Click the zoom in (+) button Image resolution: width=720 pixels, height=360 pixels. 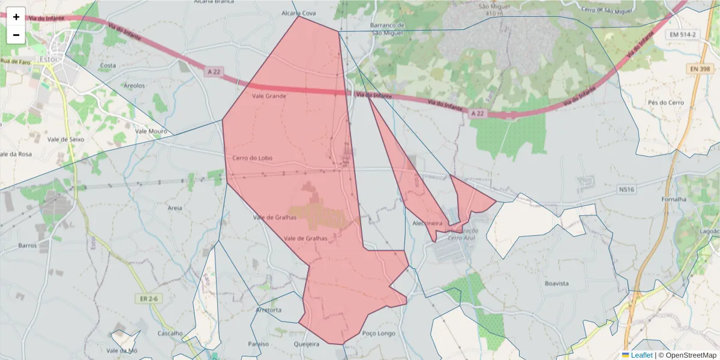tap(16, 17)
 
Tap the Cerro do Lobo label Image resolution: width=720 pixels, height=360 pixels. tap(252, 158)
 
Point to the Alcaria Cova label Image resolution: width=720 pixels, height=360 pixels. tap(298, 13)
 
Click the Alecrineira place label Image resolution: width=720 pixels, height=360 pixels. tap(427, 223)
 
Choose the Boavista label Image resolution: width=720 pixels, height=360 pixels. tap(556, 283)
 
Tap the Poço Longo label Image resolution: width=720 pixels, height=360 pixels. tap(378, 334)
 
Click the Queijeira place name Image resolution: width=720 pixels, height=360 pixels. tap(307, 344)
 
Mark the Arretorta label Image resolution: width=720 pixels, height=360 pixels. tap(268, 310)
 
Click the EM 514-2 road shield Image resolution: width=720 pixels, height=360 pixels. tap(683, 35)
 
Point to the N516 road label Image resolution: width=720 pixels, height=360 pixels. tap(626, 190)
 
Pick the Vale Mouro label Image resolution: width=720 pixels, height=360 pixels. tap(151, 131)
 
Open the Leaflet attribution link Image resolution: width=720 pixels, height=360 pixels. tap(641, 355)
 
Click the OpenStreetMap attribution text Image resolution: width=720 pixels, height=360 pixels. tap(687, 355)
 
